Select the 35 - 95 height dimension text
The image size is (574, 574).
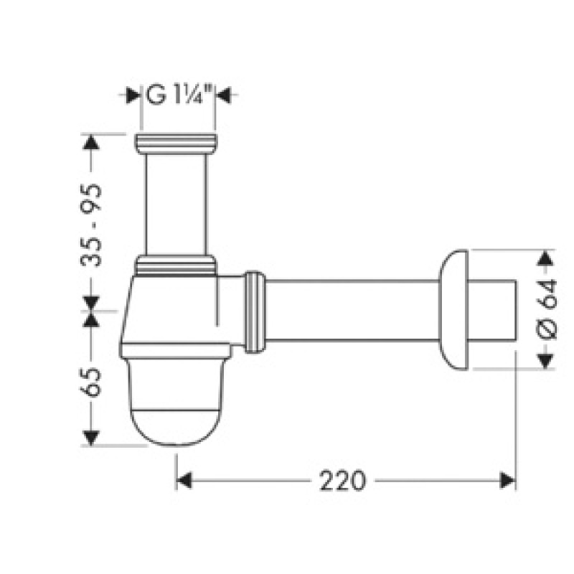pos(92,225)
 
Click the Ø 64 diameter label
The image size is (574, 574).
pos(547,309)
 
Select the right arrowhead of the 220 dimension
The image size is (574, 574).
pos(508,480)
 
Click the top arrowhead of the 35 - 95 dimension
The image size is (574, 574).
pos(91,142)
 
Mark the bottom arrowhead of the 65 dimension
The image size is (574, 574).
pos(91,437)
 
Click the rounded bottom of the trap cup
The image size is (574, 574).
pos(175,423)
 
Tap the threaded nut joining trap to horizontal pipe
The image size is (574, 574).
pos(255,312)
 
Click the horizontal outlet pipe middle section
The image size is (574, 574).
pos(352,312)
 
